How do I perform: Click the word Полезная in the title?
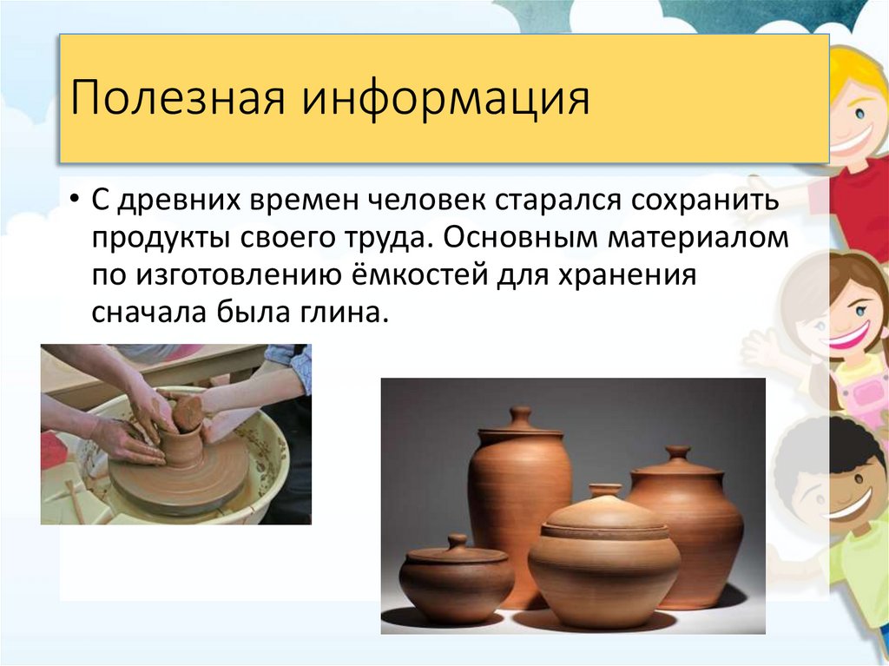coord(177,98)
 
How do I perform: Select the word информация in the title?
coord(444,98)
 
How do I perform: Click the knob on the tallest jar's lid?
coord(521,414)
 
